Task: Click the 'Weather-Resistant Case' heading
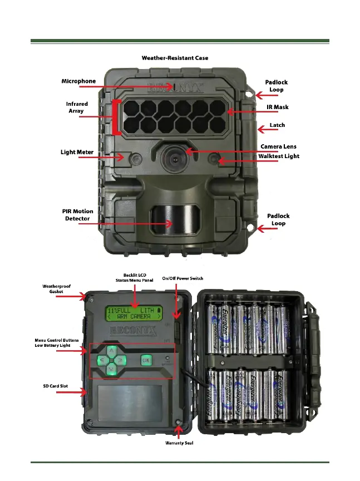click(175, 58)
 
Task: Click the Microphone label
click(78, 81)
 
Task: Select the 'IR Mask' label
click(277, 107)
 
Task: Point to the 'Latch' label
click(277, 125)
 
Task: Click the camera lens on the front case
click(172, 159)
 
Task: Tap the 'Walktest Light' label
click(278, 156)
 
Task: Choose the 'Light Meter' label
click(77, 152)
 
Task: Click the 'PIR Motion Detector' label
click(77, 215)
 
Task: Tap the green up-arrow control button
click(112, 351)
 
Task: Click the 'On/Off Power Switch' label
click(183, 278)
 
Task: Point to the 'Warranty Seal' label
click(179, 443)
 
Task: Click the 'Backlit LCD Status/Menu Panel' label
click(134, 277)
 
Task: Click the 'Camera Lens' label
click(278, 146)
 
